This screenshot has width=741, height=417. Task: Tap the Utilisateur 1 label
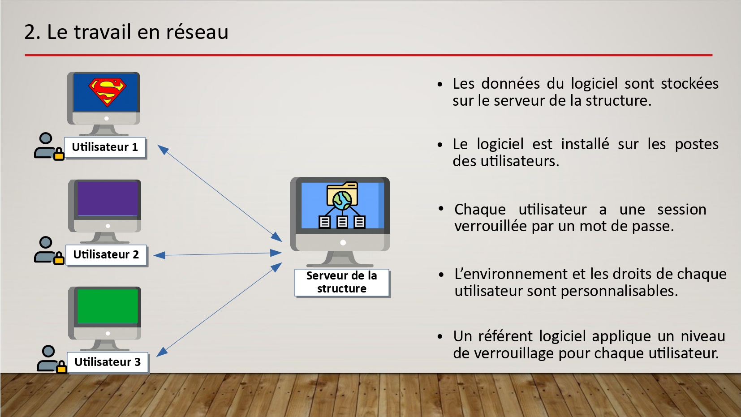[105, 147]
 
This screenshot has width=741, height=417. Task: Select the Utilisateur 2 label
[106, 254]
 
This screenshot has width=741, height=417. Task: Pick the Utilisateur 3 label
[108, 362]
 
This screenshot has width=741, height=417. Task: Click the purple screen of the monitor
[108, 199]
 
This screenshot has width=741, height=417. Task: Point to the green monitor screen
[108, 306]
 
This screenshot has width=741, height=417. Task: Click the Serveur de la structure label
[342, 283]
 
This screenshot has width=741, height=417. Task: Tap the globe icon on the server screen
[342, 201]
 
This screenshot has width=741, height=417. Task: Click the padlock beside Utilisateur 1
[59, 154]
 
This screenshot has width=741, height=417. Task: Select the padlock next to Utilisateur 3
[61, 367]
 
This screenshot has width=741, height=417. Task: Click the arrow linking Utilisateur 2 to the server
[218, 254]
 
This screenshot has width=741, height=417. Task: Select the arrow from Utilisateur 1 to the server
[220, 193]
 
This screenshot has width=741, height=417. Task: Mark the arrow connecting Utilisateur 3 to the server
[219, 310]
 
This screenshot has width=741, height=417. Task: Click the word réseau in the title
[197, 32]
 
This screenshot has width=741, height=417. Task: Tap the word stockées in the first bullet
[690, 84]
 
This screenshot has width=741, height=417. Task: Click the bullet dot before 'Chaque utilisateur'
[441, 209]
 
